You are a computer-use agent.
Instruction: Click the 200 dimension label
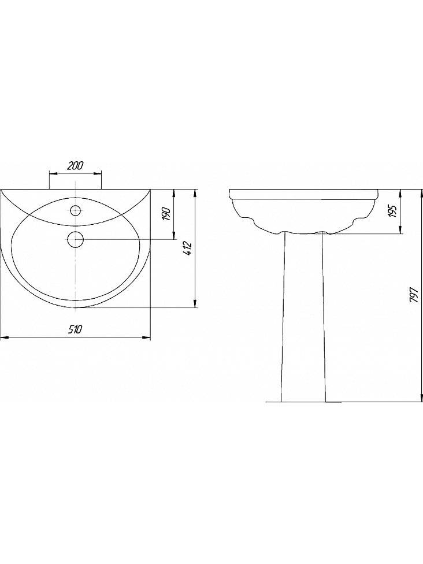click(75, 165)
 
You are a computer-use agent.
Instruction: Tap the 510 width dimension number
click(76, 329)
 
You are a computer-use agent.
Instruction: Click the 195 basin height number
click(393, 211)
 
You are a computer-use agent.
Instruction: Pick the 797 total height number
click(414, 295)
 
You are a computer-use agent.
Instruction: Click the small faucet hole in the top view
click(75, 210)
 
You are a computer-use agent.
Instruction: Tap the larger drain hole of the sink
click(75, 239)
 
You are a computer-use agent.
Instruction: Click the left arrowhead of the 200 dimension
click(53, 174)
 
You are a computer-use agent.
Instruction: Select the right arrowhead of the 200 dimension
click(98, 174)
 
